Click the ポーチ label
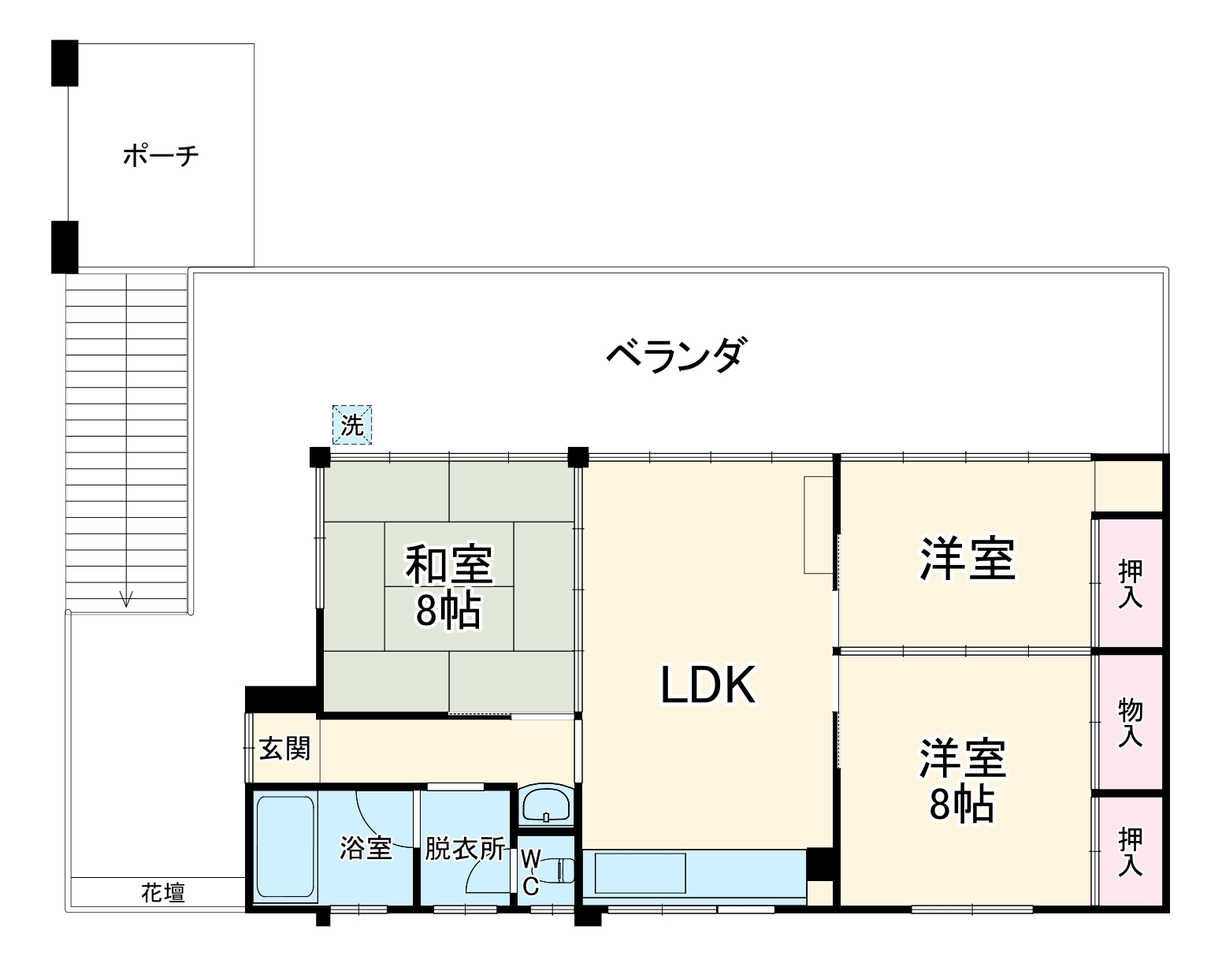click(161, 155)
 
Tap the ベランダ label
click(674, 355)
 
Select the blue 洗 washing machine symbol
click(351, 426)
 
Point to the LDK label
click(708, 684)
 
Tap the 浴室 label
click(366, 848)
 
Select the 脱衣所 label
click(465, 848)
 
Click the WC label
click(530, 872)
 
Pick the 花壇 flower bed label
click(163, 893)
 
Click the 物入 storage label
click(1131, 723)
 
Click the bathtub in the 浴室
click(285, 848)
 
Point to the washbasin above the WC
click(547, 805)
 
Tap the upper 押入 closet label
click(1131, 584)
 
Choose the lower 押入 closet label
click(1131, 851)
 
